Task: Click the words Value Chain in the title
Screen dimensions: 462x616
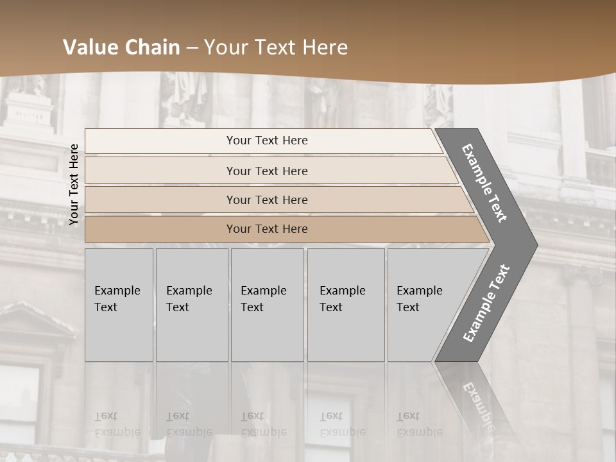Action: [121, 47]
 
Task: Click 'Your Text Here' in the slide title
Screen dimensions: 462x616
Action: [276, 47]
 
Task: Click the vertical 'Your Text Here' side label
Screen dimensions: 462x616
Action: [74, 184]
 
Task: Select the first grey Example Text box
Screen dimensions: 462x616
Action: [119, 305]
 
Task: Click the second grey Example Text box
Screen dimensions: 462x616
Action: [191, 305]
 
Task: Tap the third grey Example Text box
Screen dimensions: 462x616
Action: [266, 305]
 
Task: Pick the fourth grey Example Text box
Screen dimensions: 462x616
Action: [345, 305]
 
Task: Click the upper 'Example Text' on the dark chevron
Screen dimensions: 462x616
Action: [484, 183]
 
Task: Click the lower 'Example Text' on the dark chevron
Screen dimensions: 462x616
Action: [486, 303]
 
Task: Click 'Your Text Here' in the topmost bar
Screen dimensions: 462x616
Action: [267, 141]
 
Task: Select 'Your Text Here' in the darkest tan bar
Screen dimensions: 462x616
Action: [267, 229]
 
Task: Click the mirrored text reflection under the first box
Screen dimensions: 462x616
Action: [117, 424]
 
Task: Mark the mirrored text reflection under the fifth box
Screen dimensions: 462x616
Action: [418, 424]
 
